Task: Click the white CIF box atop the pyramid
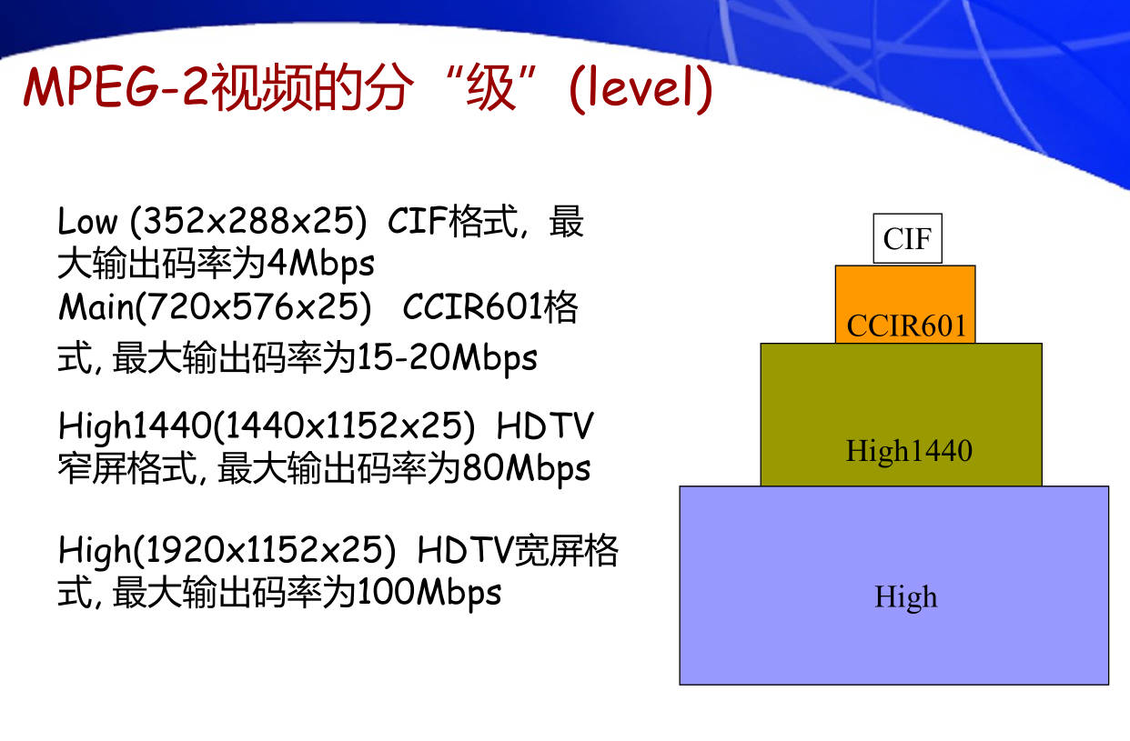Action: (907, 238)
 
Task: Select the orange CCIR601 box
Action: (905, 304)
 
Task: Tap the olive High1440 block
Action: (901, 415)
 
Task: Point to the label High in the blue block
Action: (905, 597)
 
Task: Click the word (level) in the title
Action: (641, 89)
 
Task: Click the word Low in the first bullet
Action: (87, 221)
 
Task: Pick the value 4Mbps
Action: (320, 265)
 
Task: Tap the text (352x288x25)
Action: (248, 222)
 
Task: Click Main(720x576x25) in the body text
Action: (216, 307)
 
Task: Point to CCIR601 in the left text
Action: (472, 306)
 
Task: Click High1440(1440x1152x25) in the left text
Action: (267, 426)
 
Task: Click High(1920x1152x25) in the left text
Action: (227, 550)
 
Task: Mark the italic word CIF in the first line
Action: (417, 221)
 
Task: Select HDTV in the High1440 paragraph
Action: (545, 426)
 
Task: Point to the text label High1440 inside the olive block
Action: (909, 451)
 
